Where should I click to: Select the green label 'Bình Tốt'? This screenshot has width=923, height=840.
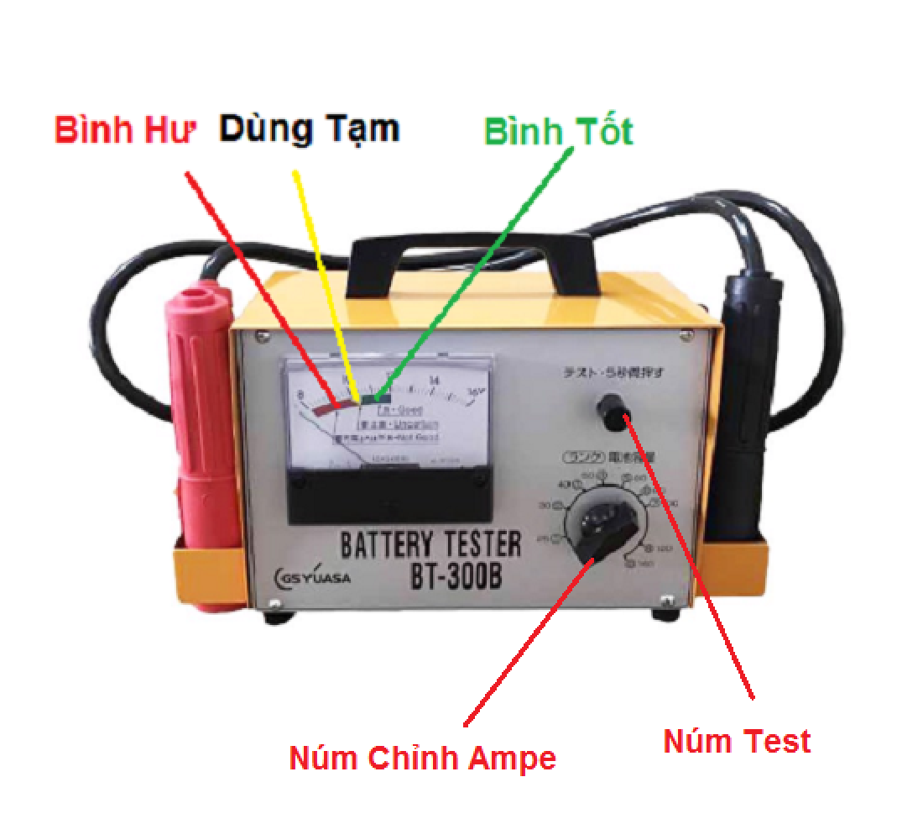pos(559,132)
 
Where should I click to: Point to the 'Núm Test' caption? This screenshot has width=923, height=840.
pos(737,741)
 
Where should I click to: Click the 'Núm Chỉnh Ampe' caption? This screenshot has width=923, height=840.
pos(422,759)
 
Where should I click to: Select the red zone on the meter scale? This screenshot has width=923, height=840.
pos(323,407)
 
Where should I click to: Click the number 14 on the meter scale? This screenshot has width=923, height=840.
pos(434,381)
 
